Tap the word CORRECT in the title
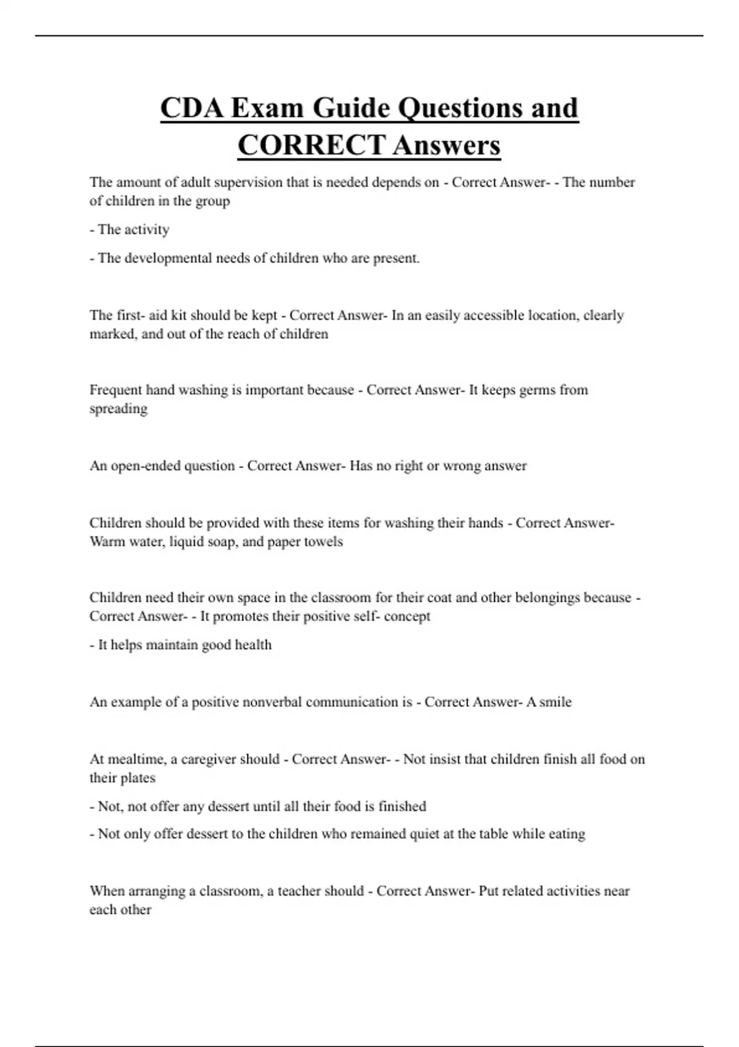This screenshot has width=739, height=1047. click(311, 146)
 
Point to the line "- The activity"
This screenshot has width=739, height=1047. click(129, 230)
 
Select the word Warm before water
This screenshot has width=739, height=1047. click(107, 542)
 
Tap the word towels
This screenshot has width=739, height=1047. click(323, 542)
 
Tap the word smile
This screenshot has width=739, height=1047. click(555, 702)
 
